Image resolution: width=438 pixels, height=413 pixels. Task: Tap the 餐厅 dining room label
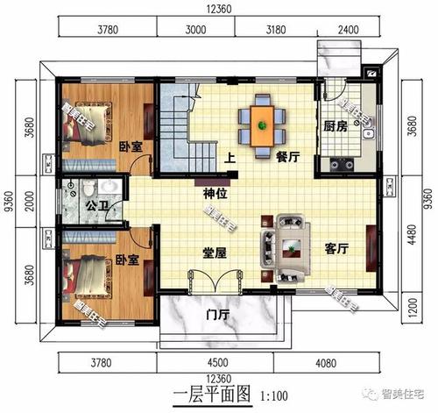click(x=288, y=159)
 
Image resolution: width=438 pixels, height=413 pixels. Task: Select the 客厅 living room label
click(x=336, y=249)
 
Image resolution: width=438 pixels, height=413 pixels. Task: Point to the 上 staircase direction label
click(x=230, y=159)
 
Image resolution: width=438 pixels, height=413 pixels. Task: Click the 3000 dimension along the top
click(x=196, y=29)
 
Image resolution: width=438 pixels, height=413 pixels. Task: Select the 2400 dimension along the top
click(x=349, y=29)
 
